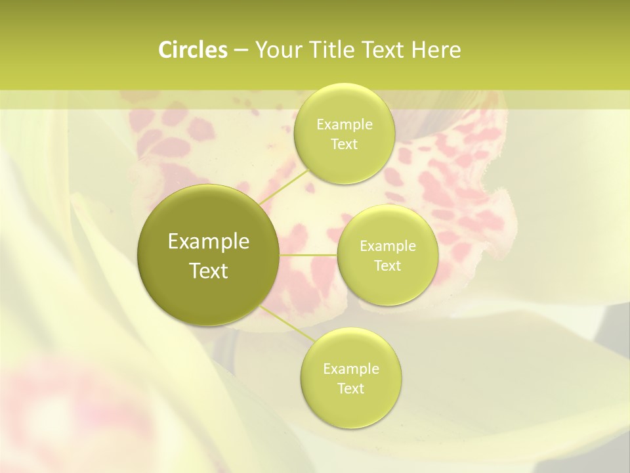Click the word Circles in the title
coord(192,50)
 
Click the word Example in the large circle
coord(209,242)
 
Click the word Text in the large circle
coord(209,271)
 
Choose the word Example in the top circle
coord(345,125)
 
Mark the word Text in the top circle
coord(344,145)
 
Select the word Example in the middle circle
coord(388,246)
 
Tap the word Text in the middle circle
coord(387,266)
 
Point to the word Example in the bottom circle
coord(351,369)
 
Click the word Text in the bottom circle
coord(350,389)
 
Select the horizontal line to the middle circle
coord(308,255)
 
